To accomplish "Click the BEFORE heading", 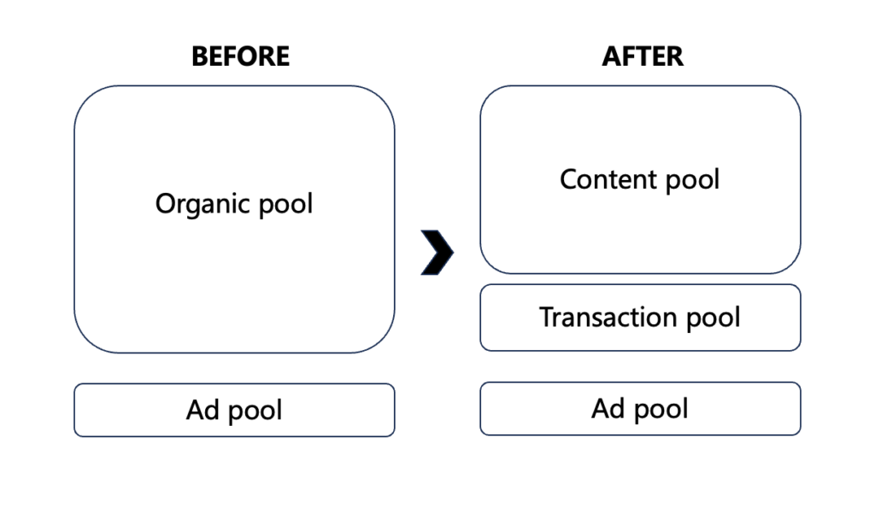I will pos(240,56).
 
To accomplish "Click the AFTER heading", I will pos(643,56).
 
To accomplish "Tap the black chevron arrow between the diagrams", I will pos(437,252).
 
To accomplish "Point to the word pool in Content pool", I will pos(691,180).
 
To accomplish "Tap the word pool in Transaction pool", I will pos(714,318).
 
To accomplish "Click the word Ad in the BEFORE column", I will pos(202,411).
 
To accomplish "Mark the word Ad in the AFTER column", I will pos(608,409).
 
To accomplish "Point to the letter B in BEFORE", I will pos(198,56).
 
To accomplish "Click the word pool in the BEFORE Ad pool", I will pos(254,412).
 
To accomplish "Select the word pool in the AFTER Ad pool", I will pos(660,411).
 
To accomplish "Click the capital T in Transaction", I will pos(546,318).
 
